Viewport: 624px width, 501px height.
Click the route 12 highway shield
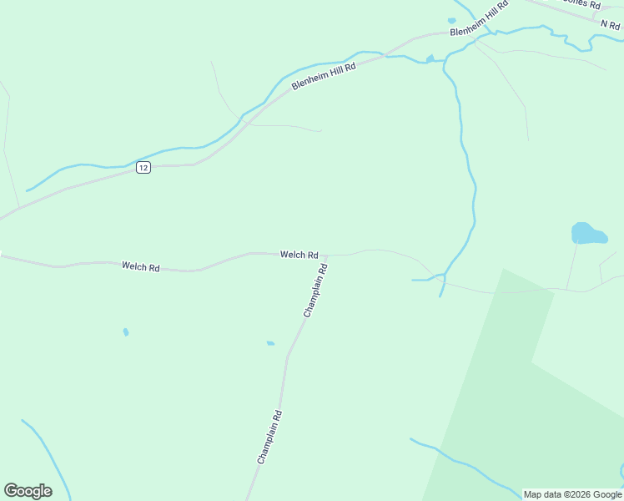(143, 168)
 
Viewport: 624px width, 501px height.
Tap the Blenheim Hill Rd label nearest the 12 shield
(324, 77)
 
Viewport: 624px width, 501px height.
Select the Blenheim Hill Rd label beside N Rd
(479, 20)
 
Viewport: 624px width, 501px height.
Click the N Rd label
(610, 25)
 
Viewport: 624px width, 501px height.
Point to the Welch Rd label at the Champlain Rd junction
(299, 255)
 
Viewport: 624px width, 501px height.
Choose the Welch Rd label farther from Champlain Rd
(140, 266)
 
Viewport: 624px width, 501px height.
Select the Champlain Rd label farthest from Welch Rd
(269, 437)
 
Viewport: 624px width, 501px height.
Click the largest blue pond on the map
(588, 233)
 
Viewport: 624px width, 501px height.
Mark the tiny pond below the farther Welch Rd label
(126, 332)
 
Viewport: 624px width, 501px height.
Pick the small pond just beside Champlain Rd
(270, 342)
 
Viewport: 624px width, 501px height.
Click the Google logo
(28, 491)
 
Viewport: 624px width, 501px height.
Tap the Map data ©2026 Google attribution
(572, 494)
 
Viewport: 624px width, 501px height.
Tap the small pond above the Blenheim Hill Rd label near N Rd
(451, 20)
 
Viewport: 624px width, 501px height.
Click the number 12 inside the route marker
(143, 168)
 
